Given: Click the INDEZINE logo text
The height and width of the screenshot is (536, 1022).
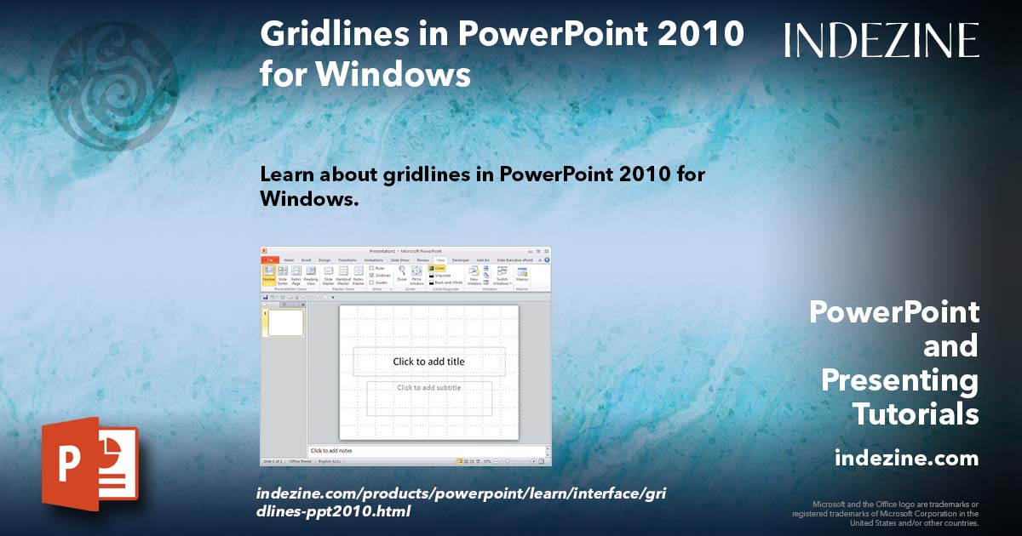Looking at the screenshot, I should click(881, 41).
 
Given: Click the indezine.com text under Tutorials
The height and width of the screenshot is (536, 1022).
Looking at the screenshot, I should click(907, 459).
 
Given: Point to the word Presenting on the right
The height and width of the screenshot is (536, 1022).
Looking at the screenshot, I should click(899, 380).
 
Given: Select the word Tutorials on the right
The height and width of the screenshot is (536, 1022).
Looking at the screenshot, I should click(915, 414).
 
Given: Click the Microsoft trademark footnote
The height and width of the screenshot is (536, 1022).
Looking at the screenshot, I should click(886, 513).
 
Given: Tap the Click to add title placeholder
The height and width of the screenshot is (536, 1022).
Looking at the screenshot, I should click(428, 362).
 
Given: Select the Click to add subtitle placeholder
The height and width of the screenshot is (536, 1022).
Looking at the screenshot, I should click(428, 388).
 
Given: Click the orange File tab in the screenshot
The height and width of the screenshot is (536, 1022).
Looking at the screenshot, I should click(269, 259).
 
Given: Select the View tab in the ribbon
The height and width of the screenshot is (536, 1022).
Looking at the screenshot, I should click(439, 259).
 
